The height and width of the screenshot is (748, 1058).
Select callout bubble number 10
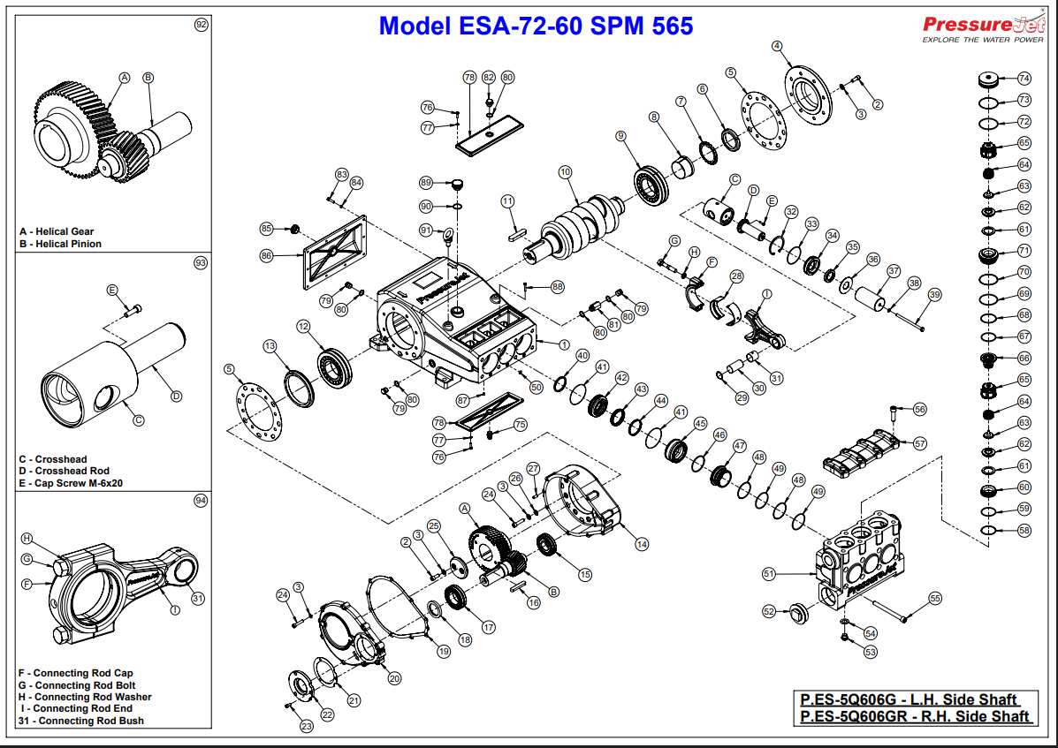565,172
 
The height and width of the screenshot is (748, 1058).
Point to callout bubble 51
769,574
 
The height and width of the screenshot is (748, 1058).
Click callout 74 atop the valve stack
1024,78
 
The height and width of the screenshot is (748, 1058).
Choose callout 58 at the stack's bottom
1024,531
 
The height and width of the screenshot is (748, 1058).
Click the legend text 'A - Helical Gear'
57,231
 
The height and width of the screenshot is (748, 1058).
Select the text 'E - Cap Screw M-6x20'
71,483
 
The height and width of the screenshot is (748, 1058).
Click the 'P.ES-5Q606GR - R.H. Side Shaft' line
915,716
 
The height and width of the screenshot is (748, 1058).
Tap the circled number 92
201,25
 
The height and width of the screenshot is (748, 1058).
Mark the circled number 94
201,500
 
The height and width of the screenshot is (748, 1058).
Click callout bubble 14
642,544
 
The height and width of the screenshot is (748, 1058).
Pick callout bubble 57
920,443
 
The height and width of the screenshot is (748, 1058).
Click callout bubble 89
426,183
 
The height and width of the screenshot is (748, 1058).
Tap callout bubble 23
307,727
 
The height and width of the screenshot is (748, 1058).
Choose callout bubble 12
303,327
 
